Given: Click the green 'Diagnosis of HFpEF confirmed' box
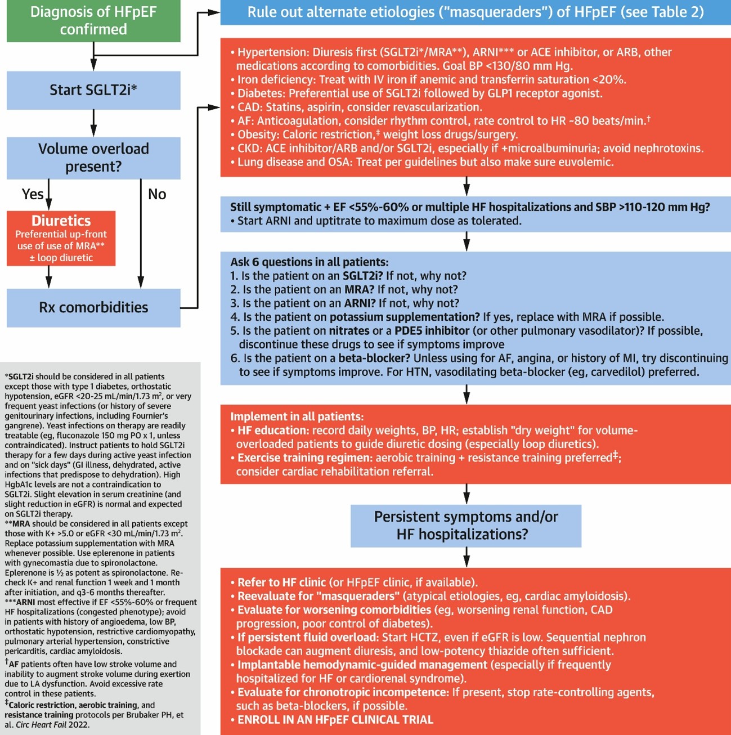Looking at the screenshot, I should (93, 21).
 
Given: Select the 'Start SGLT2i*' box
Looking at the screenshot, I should (93, 90).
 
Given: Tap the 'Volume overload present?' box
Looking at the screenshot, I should (93, 158).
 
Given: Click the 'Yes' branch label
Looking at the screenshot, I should (32, 194).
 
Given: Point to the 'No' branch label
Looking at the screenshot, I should (157, 194).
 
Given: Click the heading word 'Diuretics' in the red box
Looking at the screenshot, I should (61, 221).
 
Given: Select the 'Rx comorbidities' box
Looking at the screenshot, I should (93, 307).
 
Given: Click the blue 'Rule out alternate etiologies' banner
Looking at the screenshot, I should (475, 12).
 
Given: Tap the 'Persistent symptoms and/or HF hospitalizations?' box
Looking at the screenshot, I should (466, 525).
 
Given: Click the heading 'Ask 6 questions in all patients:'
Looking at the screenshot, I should (309, 262).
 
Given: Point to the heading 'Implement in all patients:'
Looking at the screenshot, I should (297, 416).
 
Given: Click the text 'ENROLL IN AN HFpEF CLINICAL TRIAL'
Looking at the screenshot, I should (335, 720).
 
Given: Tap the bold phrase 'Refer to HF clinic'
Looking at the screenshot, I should (281, 582).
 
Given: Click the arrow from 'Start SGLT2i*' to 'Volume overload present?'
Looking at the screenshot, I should (93, 123).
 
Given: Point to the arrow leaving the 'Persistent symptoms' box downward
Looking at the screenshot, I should (467, 557).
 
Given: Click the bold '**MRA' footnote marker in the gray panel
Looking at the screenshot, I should (17, 524).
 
